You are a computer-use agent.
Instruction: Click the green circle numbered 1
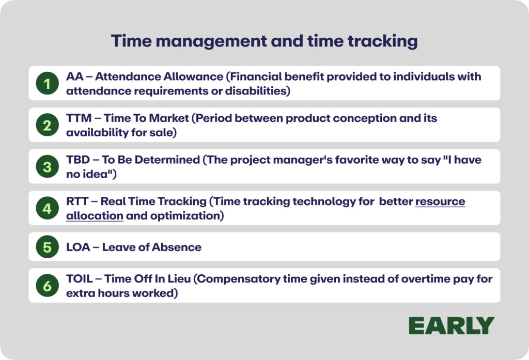(47, 83)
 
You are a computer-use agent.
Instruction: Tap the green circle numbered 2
(47, 125)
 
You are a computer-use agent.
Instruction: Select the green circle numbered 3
(47, 166)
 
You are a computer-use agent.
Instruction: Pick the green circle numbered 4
(47, 208)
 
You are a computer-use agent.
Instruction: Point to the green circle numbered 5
(47, 247)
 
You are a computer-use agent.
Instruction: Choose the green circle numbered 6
(47, 286)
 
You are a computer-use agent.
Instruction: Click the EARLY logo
(452, 325)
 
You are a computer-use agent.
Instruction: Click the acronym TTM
(79, 118)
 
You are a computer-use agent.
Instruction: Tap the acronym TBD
(78, 160)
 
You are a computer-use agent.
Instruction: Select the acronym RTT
(77, 201)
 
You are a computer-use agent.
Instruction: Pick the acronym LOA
(79, 247)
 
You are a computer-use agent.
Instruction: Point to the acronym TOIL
(79, 279)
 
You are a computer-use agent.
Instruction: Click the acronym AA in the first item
(75, 76)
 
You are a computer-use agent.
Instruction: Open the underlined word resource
(440, 201)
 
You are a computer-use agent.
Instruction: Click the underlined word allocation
(95, 215)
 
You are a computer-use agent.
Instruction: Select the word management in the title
(211, 41)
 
